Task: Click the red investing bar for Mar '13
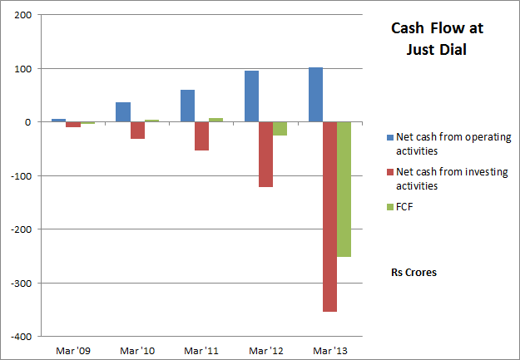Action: coord(329,216)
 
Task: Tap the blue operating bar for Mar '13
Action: coord(315,95)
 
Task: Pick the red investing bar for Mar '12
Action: coord(265,155)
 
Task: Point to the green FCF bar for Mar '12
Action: coord(280,129)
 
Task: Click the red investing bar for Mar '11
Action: coord(201,136)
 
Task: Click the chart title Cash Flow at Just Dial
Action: coord(437,39)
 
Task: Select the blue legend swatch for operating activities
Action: coord(389,137)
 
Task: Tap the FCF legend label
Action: coord(404,207)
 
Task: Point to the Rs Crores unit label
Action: coord(414,272)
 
